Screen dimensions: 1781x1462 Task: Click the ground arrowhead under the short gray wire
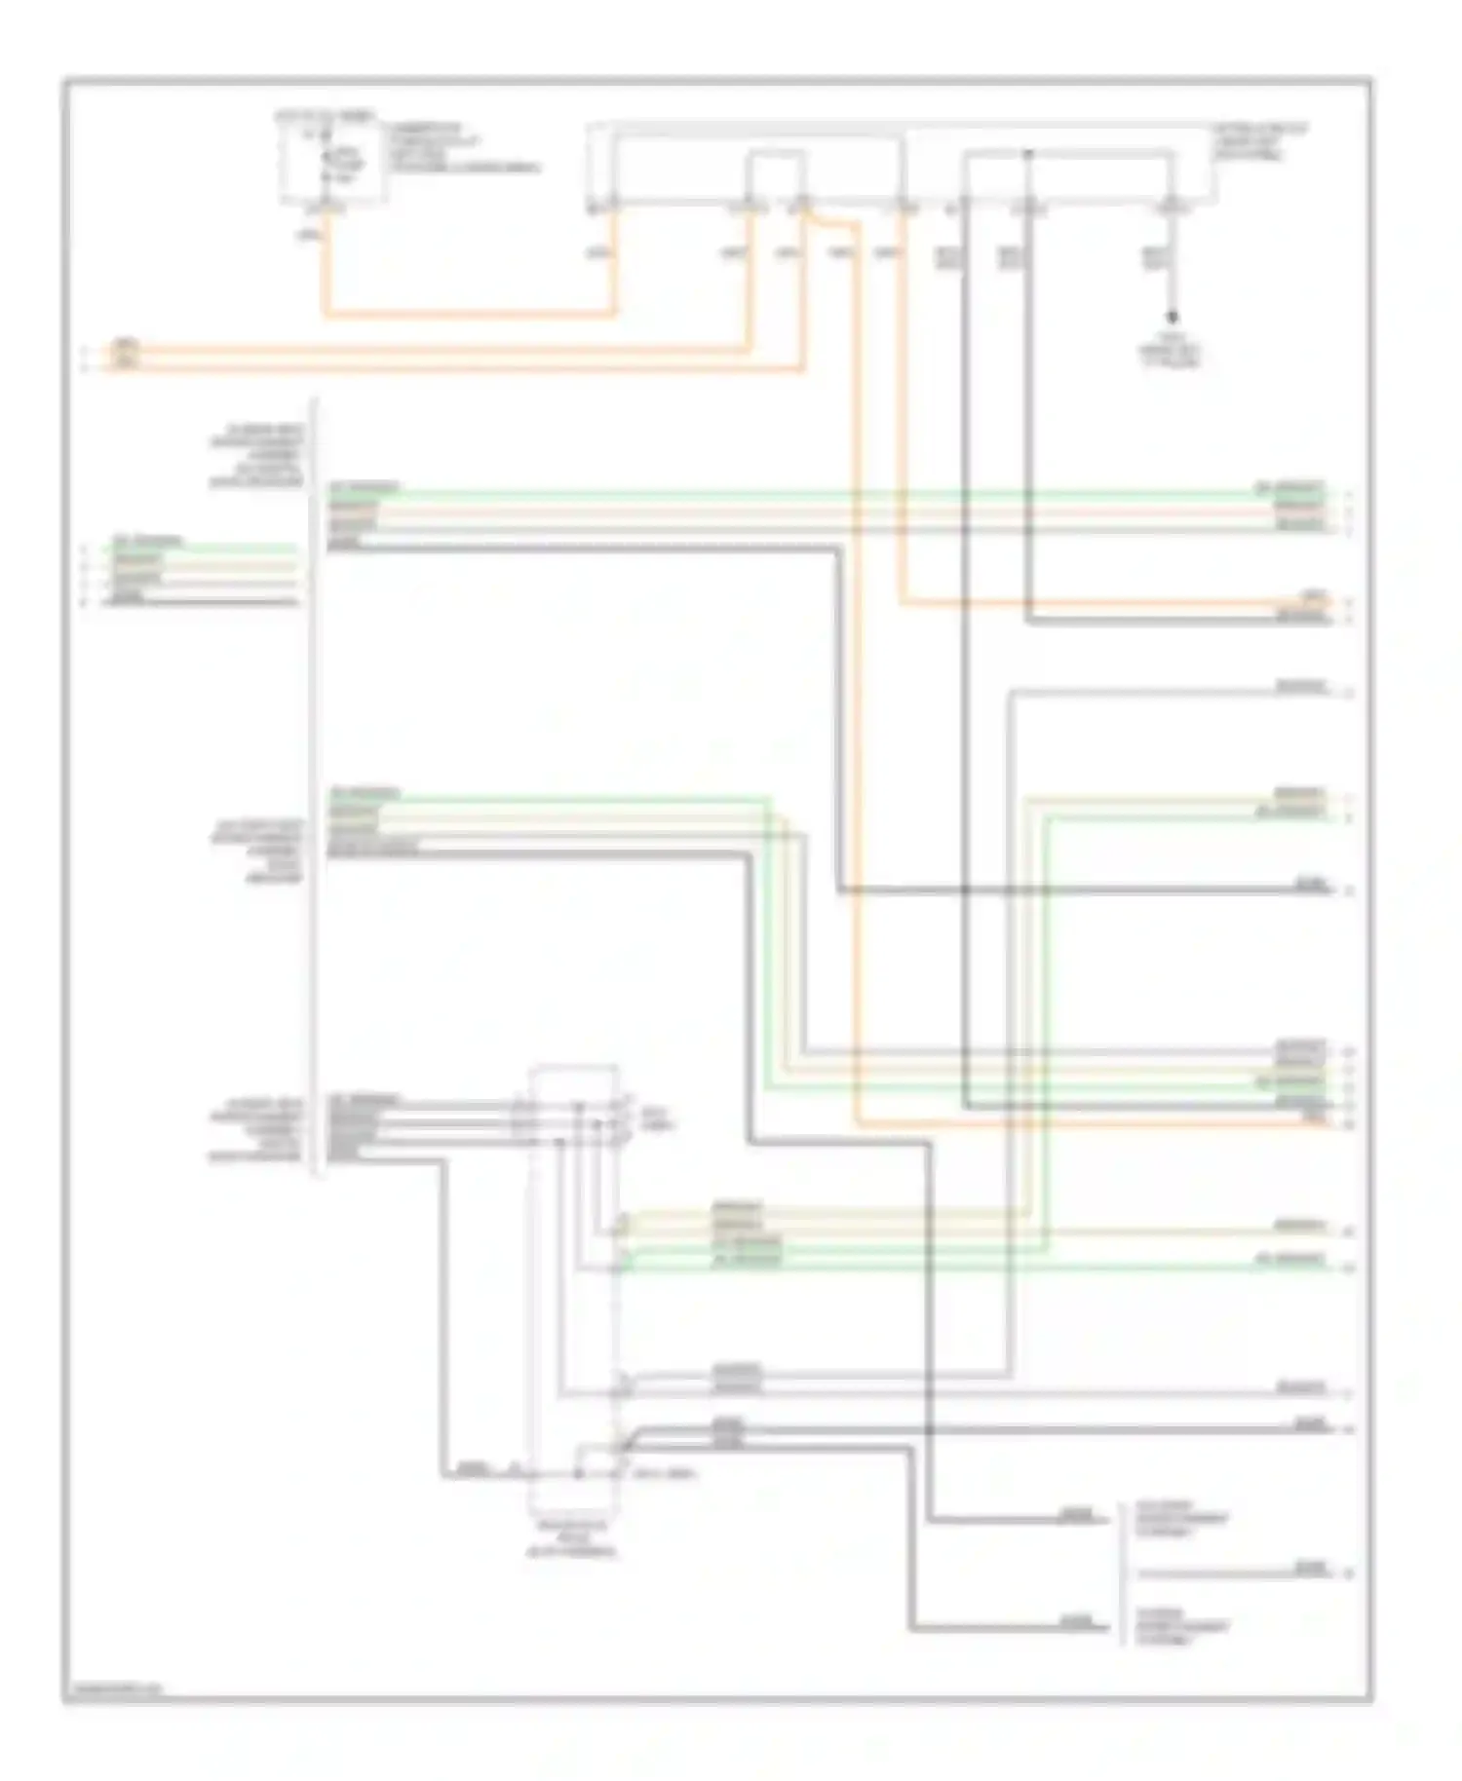coord(1173,319)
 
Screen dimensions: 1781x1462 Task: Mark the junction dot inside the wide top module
coord(1027,153)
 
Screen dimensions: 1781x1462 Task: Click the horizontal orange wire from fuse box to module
coord(468,314)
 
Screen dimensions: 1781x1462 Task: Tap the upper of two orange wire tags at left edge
coord(126,346)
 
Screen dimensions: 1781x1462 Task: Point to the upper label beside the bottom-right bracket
coord(1179,1518)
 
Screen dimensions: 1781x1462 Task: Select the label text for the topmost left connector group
coord(257,456)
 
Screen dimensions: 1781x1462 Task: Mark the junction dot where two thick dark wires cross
coord(929,1429)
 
